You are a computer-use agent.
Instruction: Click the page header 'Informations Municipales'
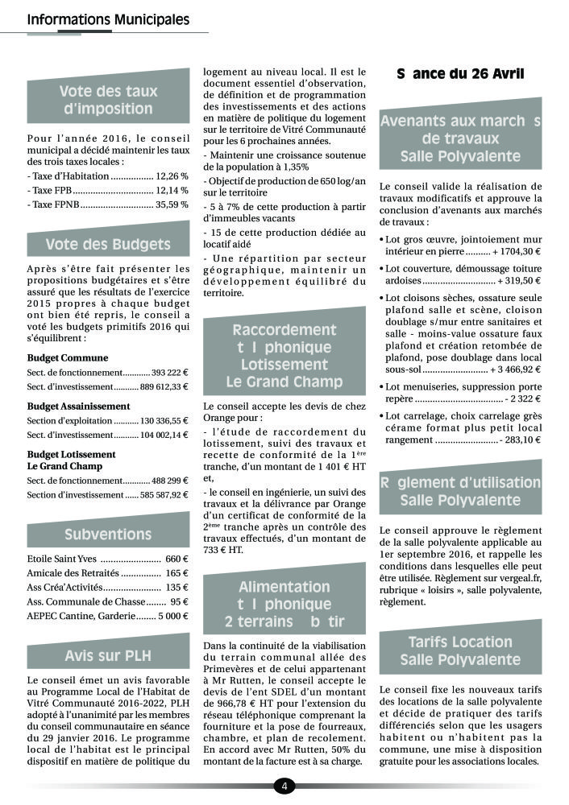click(x=108, y=19)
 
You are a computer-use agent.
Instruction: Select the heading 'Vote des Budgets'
click(x=108, y=244)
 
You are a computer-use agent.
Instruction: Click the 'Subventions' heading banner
click(x=108, y=534)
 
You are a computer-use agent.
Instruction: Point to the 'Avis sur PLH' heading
click(x=108, y=654)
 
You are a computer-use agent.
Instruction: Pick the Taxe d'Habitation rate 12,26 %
click(x=172, y=175)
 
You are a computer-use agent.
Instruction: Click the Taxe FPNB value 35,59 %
click(x=172, y=204)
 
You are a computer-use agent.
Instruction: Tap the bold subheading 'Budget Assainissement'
click(x=78, y=406)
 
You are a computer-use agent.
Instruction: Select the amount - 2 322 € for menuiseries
click(x=521, y=398)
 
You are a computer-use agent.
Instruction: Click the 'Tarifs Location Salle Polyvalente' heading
click(x=460, y=651)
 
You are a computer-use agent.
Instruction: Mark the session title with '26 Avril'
click(x=460, y=74)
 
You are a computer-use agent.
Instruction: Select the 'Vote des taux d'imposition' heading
click(x=108, y=100)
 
